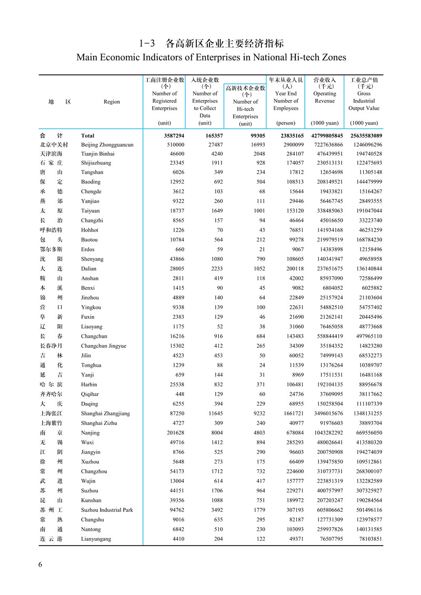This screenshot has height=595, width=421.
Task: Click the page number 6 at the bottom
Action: [x=40, y=564]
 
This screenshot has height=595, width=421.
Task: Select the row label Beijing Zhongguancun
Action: [x=107, y=145]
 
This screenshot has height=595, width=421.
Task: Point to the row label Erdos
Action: [x=88, y=249]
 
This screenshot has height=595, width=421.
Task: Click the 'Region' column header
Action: [x=112, y=102]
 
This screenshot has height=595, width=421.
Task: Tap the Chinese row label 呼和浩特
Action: [x=51, y=230]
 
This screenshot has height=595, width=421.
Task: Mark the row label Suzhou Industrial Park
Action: [x=107, y=510]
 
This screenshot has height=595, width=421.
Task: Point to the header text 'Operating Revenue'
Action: [x=325, y=97]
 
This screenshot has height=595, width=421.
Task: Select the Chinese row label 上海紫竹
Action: [x=51, y=423]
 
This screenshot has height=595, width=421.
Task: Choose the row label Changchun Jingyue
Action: [x=104, y=346]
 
